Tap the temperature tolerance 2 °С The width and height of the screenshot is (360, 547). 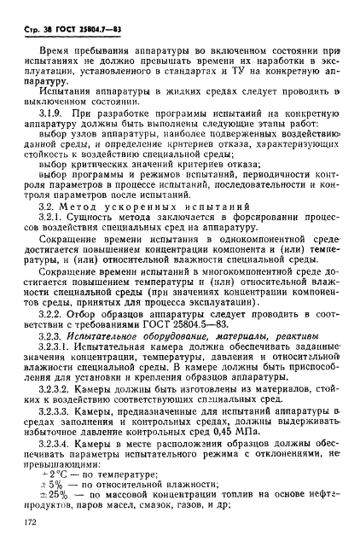tap(57, 492)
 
